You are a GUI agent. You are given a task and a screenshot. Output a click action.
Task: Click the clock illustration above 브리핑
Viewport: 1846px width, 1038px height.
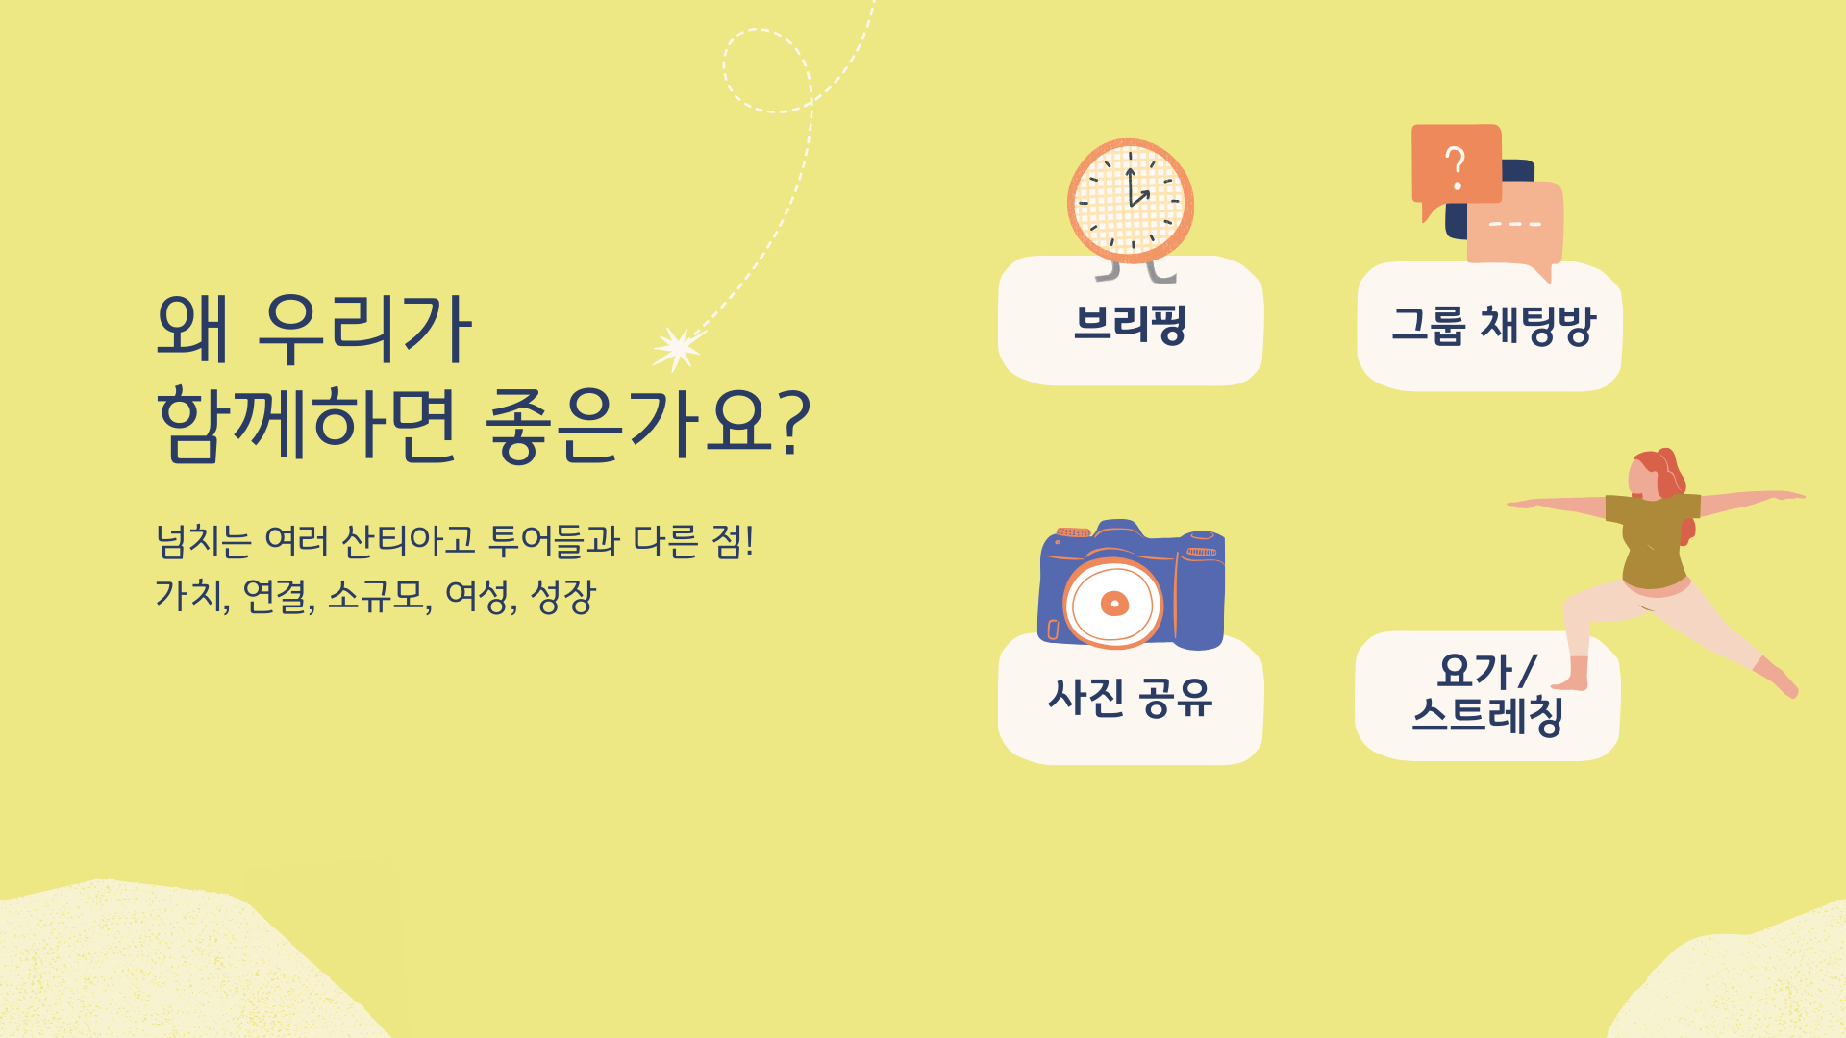(x=1131, y=202)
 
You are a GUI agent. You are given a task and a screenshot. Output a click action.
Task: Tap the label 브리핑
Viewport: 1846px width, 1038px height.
(x=1131, y=324)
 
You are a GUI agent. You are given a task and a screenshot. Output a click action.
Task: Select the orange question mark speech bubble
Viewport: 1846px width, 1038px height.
(x=1456, y=166)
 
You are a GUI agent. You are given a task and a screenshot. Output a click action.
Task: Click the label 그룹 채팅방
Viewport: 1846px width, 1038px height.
(x=1493, y=325)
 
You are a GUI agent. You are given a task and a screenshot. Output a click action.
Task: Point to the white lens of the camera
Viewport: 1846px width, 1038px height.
(x=1113, y=604)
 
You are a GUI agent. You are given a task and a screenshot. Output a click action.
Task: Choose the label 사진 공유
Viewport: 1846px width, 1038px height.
(x=1131, y=698)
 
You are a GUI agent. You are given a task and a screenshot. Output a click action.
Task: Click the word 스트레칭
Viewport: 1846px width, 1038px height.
(x=1488, y=716)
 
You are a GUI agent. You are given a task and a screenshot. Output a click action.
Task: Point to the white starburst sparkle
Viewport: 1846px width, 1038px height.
(x=678, y=348)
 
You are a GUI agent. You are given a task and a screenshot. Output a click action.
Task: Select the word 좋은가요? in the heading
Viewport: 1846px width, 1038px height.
(x=648, y=425)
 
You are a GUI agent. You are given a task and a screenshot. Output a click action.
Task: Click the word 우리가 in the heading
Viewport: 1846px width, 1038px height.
(x=366, y=329)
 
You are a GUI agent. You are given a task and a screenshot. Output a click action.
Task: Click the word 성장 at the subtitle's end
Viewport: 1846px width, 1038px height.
(x=563, y=596)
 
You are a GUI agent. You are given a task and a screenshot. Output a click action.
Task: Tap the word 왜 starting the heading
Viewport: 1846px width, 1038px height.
(x=192, y=329)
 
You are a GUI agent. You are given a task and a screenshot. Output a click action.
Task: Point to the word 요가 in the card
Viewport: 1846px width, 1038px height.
(x=1476, y=671)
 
